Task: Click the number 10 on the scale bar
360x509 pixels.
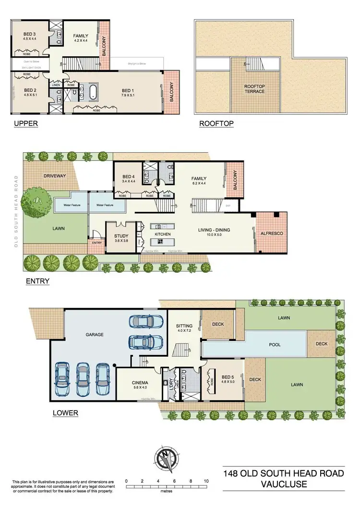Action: [x=206, y=481]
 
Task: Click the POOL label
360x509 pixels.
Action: [x=262, y=345]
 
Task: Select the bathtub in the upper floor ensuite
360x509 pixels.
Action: [x=92, y=92]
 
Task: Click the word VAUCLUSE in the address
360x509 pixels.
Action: [x=284, y=485]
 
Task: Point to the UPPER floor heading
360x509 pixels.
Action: [x=26, y=123]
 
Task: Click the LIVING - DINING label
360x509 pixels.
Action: [x=214, y=230]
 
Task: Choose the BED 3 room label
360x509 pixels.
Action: [x=30, y=34]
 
